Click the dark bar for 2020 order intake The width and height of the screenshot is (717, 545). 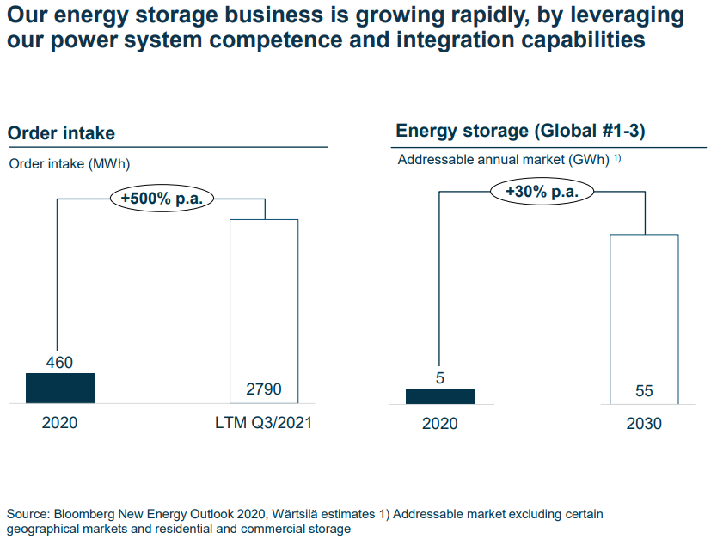tap(59, 388)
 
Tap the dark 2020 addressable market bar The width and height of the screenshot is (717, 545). tap(439, 395)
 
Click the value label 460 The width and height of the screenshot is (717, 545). tap(59, 363)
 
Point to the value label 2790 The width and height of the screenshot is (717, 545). tap(264, 390)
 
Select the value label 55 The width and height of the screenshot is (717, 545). tap(644, 391)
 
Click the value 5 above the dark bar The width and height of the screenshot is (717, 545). tap(439, 377)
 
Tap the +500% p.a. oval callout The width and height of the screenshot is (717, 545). tap(162, 198)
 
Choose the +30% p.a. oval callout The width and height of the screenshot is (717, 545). tap(542, 191)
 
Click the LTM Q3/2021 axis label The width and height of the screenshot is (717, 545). tap(264, 424)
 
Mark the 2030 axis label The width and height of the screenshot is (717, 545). tap(644, 424)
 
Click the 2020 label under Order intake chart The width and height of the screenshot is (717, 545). tap(59, 424)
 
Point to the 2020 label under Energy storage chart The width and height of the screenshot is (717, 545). tap(439, 424)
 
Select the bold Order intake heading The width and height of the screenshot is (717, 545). tap(61, 133)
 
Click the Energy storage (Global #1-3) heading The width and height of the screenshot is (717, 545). tap(520, 131)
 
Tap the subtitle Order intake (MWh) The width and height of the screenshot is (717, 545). tap(69, 164)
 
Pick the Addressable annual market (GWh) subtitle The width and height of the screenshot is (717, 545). tap(503, 160)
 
